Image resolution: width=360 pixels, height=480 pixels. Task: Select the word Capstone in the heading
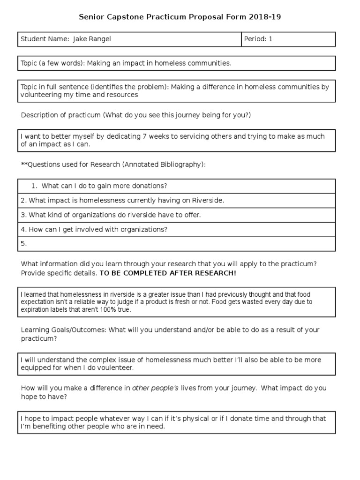(124, 17)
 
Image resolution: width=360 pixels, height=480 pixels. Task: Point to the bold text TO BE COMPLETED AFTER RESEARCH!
(168, 273)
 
